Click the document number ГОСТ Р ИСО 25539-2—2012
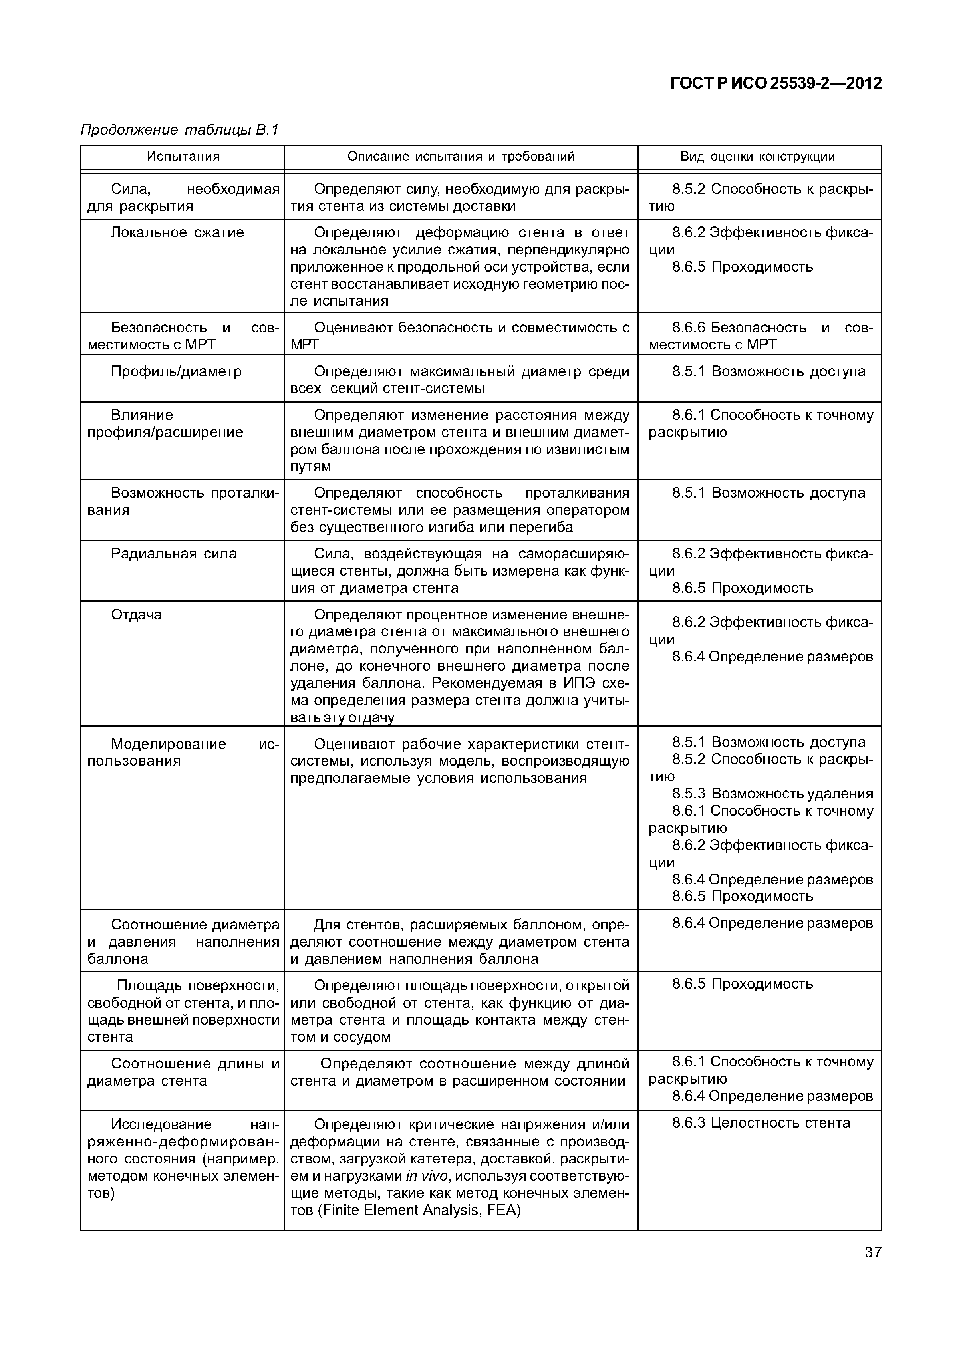pos(776,83)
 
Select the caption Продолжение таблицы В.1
pos(179,130)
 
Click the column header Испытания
pos(183,157)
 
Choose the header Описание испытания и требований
pos(461,157)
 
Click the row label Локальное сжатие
pos(178,232)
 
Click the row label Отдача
pos(137,615)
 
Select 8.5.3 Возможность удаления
pos(772,794)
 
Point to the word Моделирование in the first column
pos(169,744)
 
